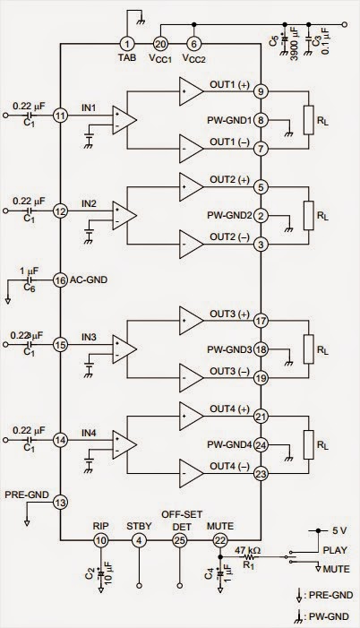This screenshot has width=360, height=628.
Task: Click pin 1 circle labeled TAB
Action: pos(127,43)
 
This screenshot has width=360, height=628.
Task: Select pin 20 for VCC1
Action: pos(160,43)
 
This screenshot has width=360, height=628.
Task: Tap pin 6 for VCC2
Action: pos(193,43)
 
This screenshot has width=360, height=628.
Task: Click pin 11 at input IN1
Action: pos(60,116)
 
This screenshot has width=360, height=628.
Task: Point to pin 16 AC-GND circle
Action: pos(60,280)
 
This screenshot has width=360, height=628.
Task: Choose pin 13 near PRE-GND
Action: pos(60,503)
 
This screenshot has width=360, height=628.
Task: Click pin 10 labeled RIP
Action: pos(100,540)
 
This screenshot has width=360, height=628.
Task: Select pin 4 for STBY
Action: pos(139,540)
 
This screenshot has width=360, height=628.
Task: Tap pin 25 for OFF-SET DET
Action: pos(181,540)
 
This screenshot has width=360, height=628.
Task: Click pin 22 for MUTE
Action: pos(220,540)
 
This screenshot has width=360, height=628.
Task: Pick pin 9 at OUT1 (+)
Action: pos(260,90)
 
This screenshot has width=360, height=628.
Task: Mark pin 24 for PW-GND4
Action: pos(260,445)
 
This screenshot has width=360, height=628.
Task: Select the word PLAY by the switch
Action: pos(333,550)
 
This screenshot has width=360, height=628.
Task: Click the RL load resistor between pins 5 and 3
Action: pos(309,216)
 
